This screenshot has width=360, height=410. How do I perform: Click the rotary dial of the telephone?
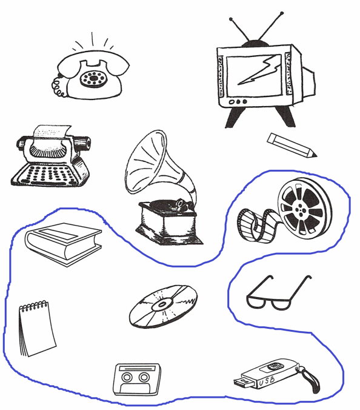tap(93, 78)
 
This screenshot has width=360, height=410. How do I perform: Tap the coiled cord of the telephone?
tap(58, 87)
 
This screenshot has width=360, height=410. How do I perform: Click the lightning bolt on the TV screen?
tap(259, 70)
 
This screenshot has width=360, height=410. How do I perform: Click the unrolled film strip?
tap(258, 226)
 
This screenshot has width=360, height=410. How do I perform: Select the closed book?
tap(63, 244)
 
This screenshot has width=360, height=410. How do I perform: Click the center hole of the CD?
tap(162, 304)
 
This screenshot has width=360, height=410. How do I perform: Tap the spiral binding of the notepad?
tap(34, 306)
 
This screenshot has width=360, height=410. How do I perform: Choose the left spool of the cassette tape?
tap(127, 377)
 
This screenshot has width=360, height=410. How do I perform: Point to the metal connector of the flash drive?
tap(244, 383)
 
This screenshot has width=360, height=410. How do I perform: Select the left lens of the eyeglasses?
tap(256, 303)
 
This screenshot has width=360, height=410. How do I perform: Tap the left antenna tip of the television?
tap(231, 19)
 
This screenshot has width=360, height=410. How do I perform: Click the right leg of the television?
tap(285, 117)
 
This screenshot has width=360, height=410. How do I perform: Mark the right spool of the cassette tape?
tap(144, 377)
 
